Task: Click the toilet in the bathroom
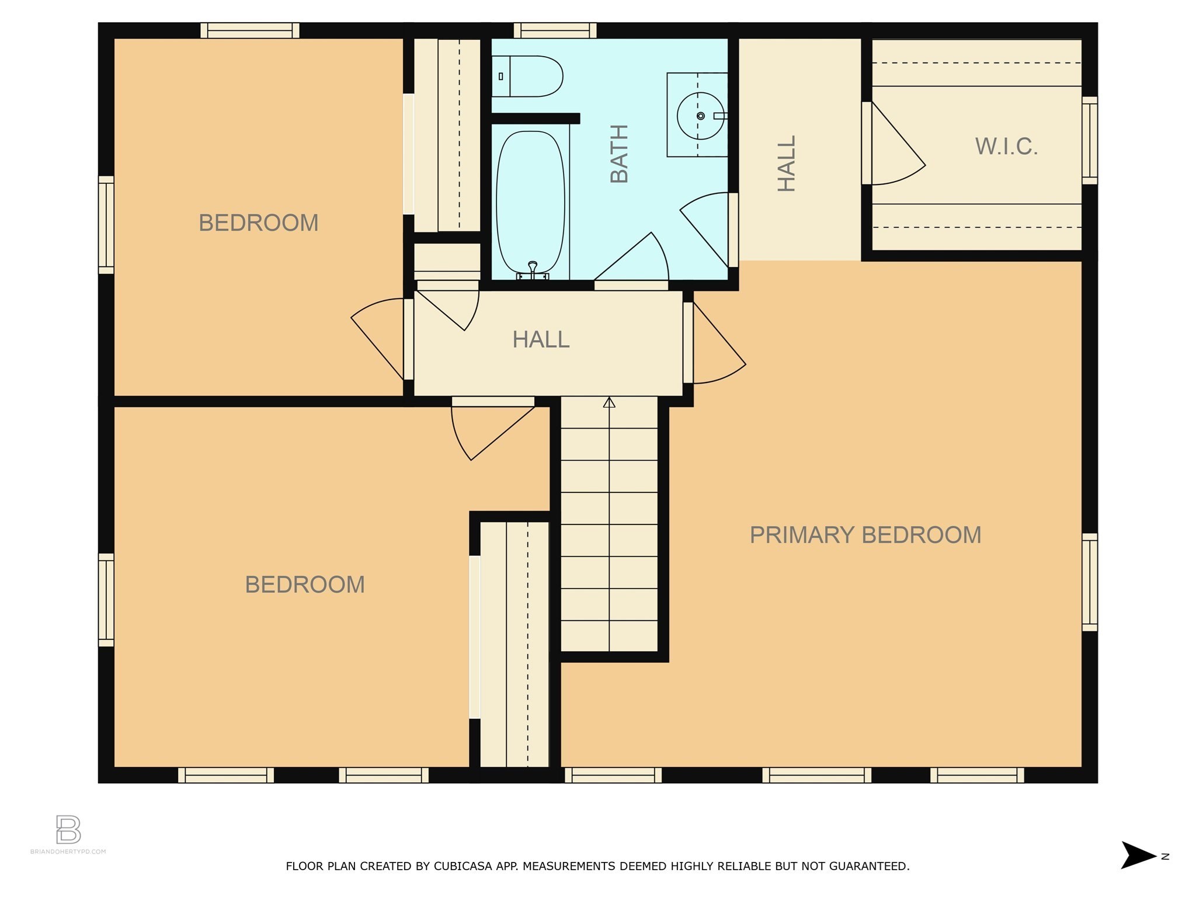click(x=527, y=77)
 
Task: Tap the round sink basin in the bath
click(x=700, y=116)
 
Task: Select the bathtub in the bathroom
click(x=530, y=204)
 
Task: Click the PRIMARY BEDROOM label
click(x=865, y=535)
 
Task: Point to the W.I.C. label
click(x=1006, y=147)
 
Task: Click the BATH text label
click(x=619, y=154)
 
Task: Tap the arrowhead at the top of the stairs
click(x=609, y=402)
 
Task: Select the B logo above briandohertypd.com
click(x=68, y=829)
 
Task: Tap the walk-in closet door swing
click(x=898, y=144)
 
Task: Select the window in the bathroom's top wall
click(x=555, y=30)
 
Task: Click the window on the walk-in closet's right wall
click(x=1090, y=141)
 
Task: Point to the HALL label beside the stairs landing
click(x=541, y=340)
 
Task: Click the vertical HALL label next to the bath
click(x=787, y=164)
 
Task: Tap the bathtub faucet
click(x=532, y=269)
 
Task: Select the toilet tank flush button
click(x=500, y=77)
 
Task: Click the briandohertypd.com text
click(x=68, y=851)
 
